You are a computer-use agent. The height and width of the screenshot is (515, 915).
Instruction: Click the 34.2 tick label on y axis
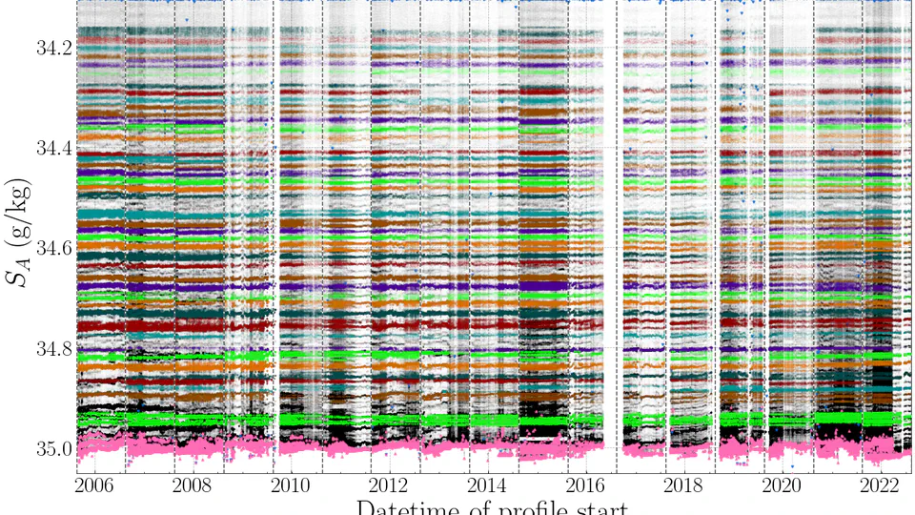click(51, 48)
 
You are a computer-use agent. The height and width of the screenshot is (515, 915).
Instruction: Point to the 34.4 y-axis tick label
click(51, 148)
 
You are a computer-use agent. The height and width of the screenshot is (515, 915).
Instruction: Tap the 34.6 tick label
click(51, 248)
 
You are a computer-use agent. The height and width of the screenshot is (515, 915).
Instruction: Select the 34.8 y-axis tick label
click(51, 348)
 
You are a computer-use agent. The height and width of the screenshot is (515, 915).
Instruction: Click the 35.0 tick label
click(51, 448)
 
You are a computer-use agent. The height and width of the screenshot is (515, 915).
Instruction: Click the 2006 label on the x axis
click(95, 484)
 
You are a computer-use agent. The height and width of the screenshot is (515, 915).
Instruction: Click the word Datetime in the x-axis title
click(415, 505)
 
